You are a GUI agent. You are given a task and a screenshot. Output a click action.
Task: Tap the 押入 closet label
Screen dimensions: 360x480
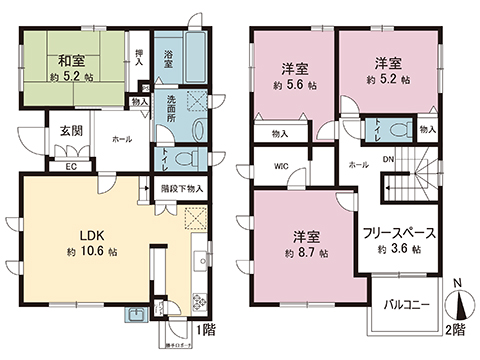[139, 58]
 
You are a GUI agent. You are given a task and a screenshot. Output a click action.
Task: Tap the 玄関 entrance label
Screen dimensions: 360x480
[68, 131]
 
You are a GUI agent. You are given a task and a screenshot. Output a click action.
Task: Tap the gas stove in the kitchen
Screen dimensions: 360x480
[198, 301]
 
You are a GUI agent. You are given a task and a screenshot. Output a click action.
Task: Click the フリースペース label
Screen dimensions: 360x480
[397, 233]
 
